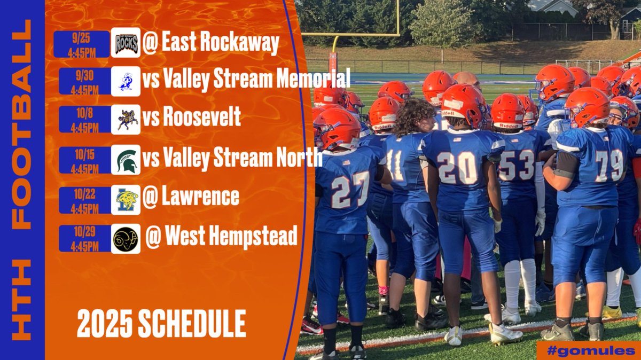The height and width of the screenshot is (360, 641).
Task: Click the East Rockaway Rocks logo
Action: click(126, 43)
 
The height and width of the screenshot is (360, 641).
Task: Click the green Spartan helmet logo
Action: click(126, 160)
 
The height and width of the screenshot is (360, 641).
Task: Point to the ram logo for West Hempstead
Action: click(126, 239)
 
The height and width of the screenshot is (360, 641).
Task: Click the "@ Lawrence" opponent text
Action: click(191, 197)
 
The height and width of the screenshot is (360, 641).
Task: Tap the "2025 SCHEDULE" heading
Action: click(161, 324)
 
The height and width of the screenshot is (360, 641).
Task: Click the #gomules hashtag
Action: click(590, 350)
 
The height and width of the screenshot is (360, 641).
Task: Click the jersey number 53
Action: click(517, 165)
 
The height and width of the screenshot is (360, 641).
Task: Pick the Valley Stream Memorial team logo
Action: click(126, 81)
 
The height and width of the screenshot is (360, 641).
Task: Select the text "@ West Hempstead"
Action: click(221, 237)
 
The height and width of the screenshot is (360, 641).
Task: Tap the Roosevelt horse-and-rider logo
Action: click(126, 120)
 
